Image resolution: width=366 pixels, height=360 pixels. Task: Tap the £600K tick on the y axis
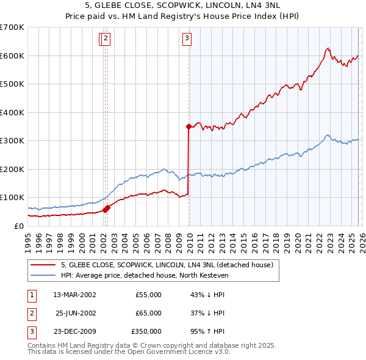point(12,56)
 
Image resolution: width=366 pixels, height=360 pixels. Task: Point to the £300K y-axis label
point(12,141)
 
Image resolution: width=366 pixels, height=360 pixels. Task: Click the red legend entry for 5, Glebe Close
point(170,265)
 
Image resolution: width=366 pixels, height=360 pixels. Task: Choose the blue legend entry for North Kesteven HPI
point(144,276)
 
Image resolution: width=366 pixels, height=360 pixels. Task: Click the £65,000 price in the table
point(148,313)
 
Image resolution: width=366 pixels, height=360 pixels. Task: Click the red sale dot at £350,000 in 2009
point(188,126)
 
